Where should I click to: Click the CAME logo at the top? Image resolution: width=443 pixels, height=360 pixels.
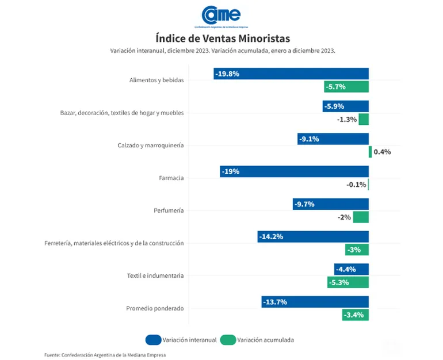221,16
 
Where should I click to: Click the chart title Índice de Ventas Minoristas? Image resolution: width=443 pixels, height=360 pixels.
223,39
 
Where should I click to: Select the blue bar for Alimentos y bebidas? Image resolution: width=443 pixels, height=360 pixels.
291,74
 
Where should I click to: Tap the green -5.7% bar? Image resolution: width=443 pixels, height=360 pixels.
346,87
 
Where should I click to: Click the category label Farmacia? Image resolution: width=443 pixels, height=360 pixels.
171,178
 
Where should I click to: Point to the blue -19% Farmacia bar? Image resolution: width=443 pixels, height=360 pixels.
295,171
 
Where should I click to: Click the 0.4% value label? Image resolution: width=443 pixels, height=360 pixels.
382,152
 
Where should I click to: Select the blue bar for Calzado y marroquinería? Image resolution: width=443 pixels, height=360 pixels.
333,139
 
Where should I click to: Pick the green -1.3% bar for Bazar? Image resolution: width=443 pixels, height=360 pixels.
364,119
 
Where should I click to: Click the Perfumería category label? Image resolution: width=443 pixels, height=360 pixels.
169,210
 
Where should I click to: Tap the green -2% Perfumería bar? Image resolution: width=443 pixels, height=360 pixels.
361,217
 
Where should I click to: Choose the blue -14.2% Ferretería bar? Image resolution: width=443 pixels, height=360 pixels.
313,236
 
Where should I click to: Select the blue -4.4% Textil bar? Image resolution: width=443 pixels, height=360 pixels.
352,269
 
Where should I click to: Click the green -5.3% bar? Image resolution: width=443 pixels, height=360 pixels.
348,282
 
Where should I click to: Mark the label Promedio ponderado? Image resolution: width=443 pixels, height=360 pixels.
155,308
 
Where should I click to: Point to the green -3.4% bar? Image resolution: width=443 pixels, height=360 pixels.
356,315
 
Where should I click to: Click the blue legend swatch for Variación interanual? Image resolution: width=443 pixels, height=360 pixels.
154,340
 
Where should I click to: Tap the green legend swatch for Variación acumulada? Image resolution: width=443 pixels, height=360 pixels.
228,340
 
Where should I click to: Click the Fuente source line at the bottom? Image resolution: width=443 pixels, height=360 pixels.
105,355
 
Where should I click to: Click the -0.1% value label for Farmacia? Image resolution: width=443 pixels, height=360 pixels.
356,185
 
